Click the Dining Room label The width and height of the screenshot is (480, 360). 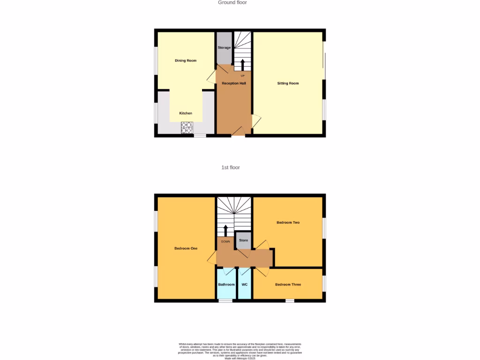(x=186, y=60)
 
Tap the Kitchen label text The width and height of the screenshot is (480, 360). (x=186, y=113)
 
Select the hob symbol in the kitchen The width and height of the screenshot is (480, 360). (x=187, y=127)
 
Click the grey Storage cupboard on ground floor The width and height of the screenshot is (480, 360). (x=224, y=48)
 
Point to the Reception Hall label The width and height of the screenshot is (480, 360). (x=234, y=83)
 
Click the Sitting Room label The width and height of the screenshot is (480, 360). (x=288, y=83)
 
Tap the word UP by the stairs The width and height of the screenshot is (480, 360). (x=242, y=75)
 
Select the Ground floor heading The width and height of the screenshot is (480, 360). (x=232, y=3)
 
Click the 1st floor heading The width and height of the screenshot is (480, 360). (x=231, y=167)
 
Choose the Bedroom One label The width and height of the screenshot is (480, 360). (x=186, y=248)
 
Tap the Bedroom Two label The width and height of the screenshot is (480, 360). (x=288, y=222)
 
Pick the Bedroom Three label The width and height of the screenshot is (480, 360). (x=288, y=285)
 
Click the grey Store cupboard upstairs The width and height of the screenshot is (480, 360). (x=243, y=240)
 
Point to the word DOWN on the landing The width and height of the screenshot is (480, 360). (x=225, y=241)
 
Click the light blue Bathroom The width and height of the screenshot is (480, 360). (x=226, y=285)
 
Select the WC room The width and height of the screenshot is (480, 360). (x=244, y=285)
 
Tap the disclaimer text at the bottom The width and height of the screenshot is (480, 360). (x=240, y=351)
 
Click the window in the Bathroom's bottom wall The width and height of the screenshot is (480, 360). (x=225, y=300)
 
